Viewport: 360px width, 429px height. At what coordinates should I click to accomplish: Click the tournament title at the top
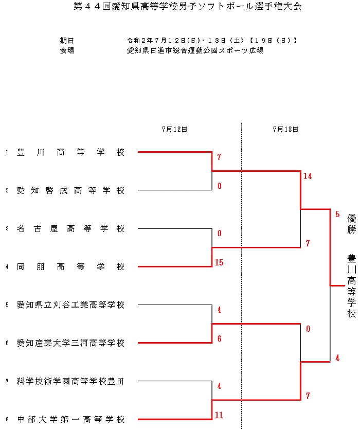180,7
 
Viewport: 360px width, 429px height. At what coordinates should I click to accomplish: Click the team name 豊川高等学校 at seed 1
70,152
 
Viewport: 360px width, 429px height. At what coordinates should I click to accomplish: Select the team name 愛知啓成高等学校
70,190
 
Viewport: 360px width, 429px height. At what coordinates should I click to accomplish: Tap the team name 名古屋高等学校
70,228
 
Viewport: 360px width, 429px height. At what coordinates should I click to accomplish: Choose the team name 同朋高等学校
70,266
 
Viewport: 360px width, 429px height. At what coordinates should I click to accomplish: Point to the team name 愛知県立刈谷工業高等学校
70,305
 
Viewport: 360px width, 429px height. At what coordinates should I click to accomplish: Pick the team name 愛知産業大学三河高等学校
70,343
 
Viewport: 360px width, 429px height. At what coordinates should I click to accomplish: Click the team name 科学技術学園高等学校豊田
70,381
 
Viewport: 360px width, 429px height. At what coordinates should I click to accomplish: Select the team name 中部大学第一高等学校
70,419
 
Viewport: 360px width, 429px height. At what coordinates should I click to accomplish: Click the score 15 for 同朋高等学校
219,263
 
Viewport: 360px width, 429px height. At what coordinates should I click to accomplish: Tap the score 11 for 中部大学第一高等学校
219,415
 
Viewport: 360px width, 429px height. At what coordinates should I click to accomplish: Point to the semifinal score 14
308,176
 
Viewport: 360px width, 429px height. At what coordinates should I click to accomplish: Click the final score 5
337,214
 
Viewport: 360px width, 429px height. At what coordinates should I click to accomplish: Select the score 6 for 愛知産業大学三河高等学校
219,339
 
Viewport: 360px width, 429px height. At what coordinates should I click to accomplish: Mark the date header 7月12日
174,130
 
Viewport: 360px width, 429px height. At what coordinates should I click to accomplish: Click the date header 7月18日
285,130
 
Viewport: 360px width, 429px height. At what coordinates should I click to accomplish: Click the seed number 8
7,420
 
